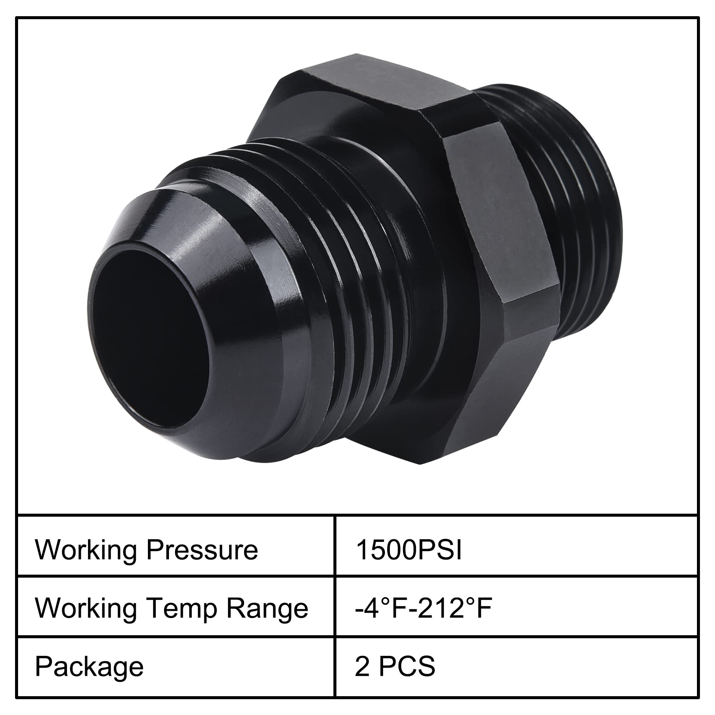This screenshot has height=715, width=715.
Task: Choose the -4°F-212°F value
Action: pos(423,609)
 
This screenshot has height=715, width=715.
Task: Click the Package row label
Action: pos(89,667)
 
